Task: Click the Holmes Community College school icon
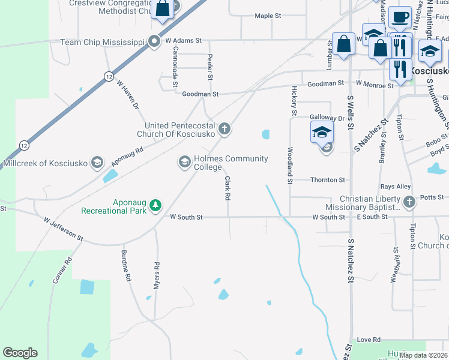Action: coord(184,162)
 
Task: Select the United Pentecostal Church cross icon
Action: coord(224,128)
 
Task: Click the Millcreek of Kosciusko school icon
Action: coord(97,163)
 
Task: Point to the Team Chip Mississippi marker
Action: coord(154,41)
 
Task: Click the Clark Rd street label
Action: coord(228,188)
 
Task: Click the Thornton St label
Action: coord(328,179)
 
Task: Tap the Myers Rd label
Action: coord(156,277)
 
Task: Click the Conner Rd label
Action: coord(62,270)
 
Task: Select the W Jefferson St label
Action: coord(63,229)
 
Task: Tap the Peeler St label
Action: coord(210,67)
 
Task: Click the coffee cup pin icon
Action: coord(400,17)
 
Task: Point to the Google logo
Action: coord(20,353)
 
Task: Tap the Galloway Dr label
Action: coord(327,118)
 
